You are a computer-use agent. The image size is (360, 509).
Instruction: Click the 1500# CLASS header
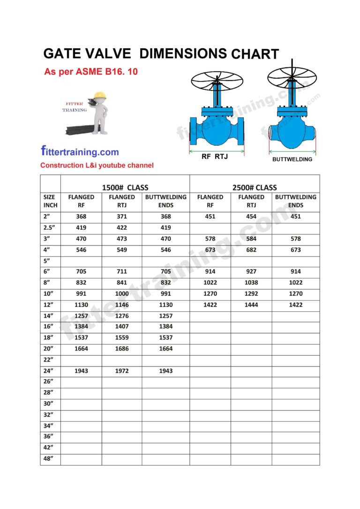(125, 187)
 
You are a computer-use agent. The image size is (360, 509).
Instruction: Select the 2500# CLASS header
(255, 187)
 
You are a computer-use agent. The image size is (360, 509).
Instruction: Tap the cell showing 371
(122, 217)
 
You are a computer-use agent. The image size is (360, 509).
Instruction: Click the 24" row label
(48, 371)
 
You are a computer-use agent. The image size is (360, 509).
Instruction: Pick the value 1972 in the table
(122, 371)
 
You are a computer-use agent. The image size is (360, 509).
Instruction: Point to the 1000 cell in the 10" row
(122, 294)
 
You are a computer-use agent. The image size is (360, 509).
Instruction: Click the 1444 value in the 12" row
(251, 305)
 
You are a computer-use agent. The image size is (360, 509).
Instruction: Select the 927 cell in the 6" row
(251, 271)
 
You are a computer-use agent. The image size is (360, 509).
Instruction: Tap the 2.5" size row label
(50, 228)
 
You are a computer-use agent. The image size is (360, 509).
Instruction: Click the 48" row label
(48, 459)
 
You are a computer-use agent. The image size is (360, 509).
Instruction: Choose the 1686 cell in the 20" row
(122, 349)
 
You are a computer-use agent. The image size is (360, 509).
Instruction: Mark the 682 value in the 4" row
(251, 250)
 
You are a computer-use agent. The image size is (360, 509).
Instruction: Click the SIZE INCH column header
(50, 201)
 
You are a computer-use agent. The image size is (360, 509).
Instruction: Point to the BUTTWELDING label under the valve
(292, 159)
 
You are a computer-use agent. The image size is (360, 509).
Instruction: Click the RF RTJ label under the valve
(215, 157)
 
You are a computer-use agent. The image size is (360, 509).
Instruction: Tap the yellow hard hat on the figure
(100, 95)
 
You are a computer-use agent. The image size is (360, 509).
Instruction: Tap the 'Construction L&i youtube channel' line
(97, 165)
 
